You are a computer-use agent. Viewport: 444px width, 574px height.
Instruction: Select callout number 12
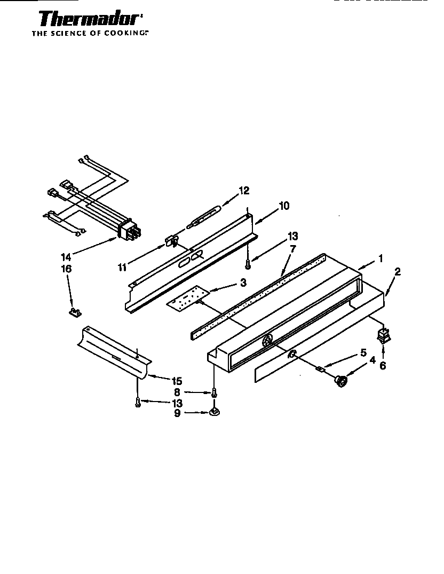243,191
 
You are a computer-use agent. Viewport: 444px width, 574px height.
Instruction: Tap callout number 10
284,206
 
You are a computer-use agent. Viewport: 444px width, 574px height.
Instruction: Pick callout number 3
243,281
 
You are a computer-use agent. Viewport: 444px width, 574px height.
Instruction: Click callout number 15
177,381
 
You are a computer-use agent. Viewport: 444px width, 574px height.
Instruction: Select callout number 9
177,412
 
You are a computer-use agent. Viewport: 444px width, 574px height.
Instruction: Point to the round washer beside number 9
215,412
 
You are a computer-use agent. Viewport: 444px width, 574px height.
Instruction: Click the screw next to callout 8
214,392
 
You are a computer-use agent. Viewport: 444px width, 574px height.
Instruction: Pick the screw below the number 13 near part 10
248,263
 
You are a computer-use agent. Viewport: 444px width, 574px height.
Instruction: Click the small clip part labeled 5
320,368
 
